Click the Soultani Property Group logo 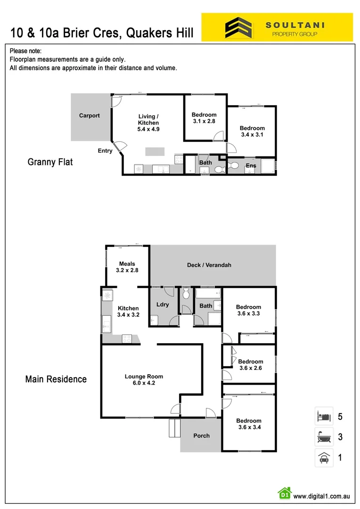(277, 27)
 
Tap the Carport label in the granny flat (90, 115)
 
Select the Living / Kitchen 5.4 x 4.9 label (148, 123)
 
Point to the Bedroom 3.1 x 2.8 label (204, 118)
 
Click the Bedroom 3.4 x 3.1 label (252, 131)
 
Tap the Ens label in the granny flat (251, 165)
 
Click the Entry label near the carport (105, 151)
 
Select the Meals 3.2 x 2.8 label (127, 267)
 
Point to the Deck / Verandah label (209, 265)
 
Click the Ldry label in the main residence (163, 304)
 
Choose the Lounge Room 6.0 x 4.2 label (144, 380)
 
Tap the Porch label (202, 435)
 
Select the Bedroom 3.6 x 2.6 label (251, 365)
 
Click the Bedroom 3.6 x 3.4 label (249, 424)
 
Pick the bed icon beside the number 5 (324, 417)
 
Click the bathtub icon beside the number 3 (324, 437)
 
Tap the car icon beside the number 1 (324, 458)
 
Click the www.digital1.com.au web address (321, 496)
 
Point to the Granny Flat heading (50, 162)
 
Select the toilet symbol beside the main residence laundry (186, 294)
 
